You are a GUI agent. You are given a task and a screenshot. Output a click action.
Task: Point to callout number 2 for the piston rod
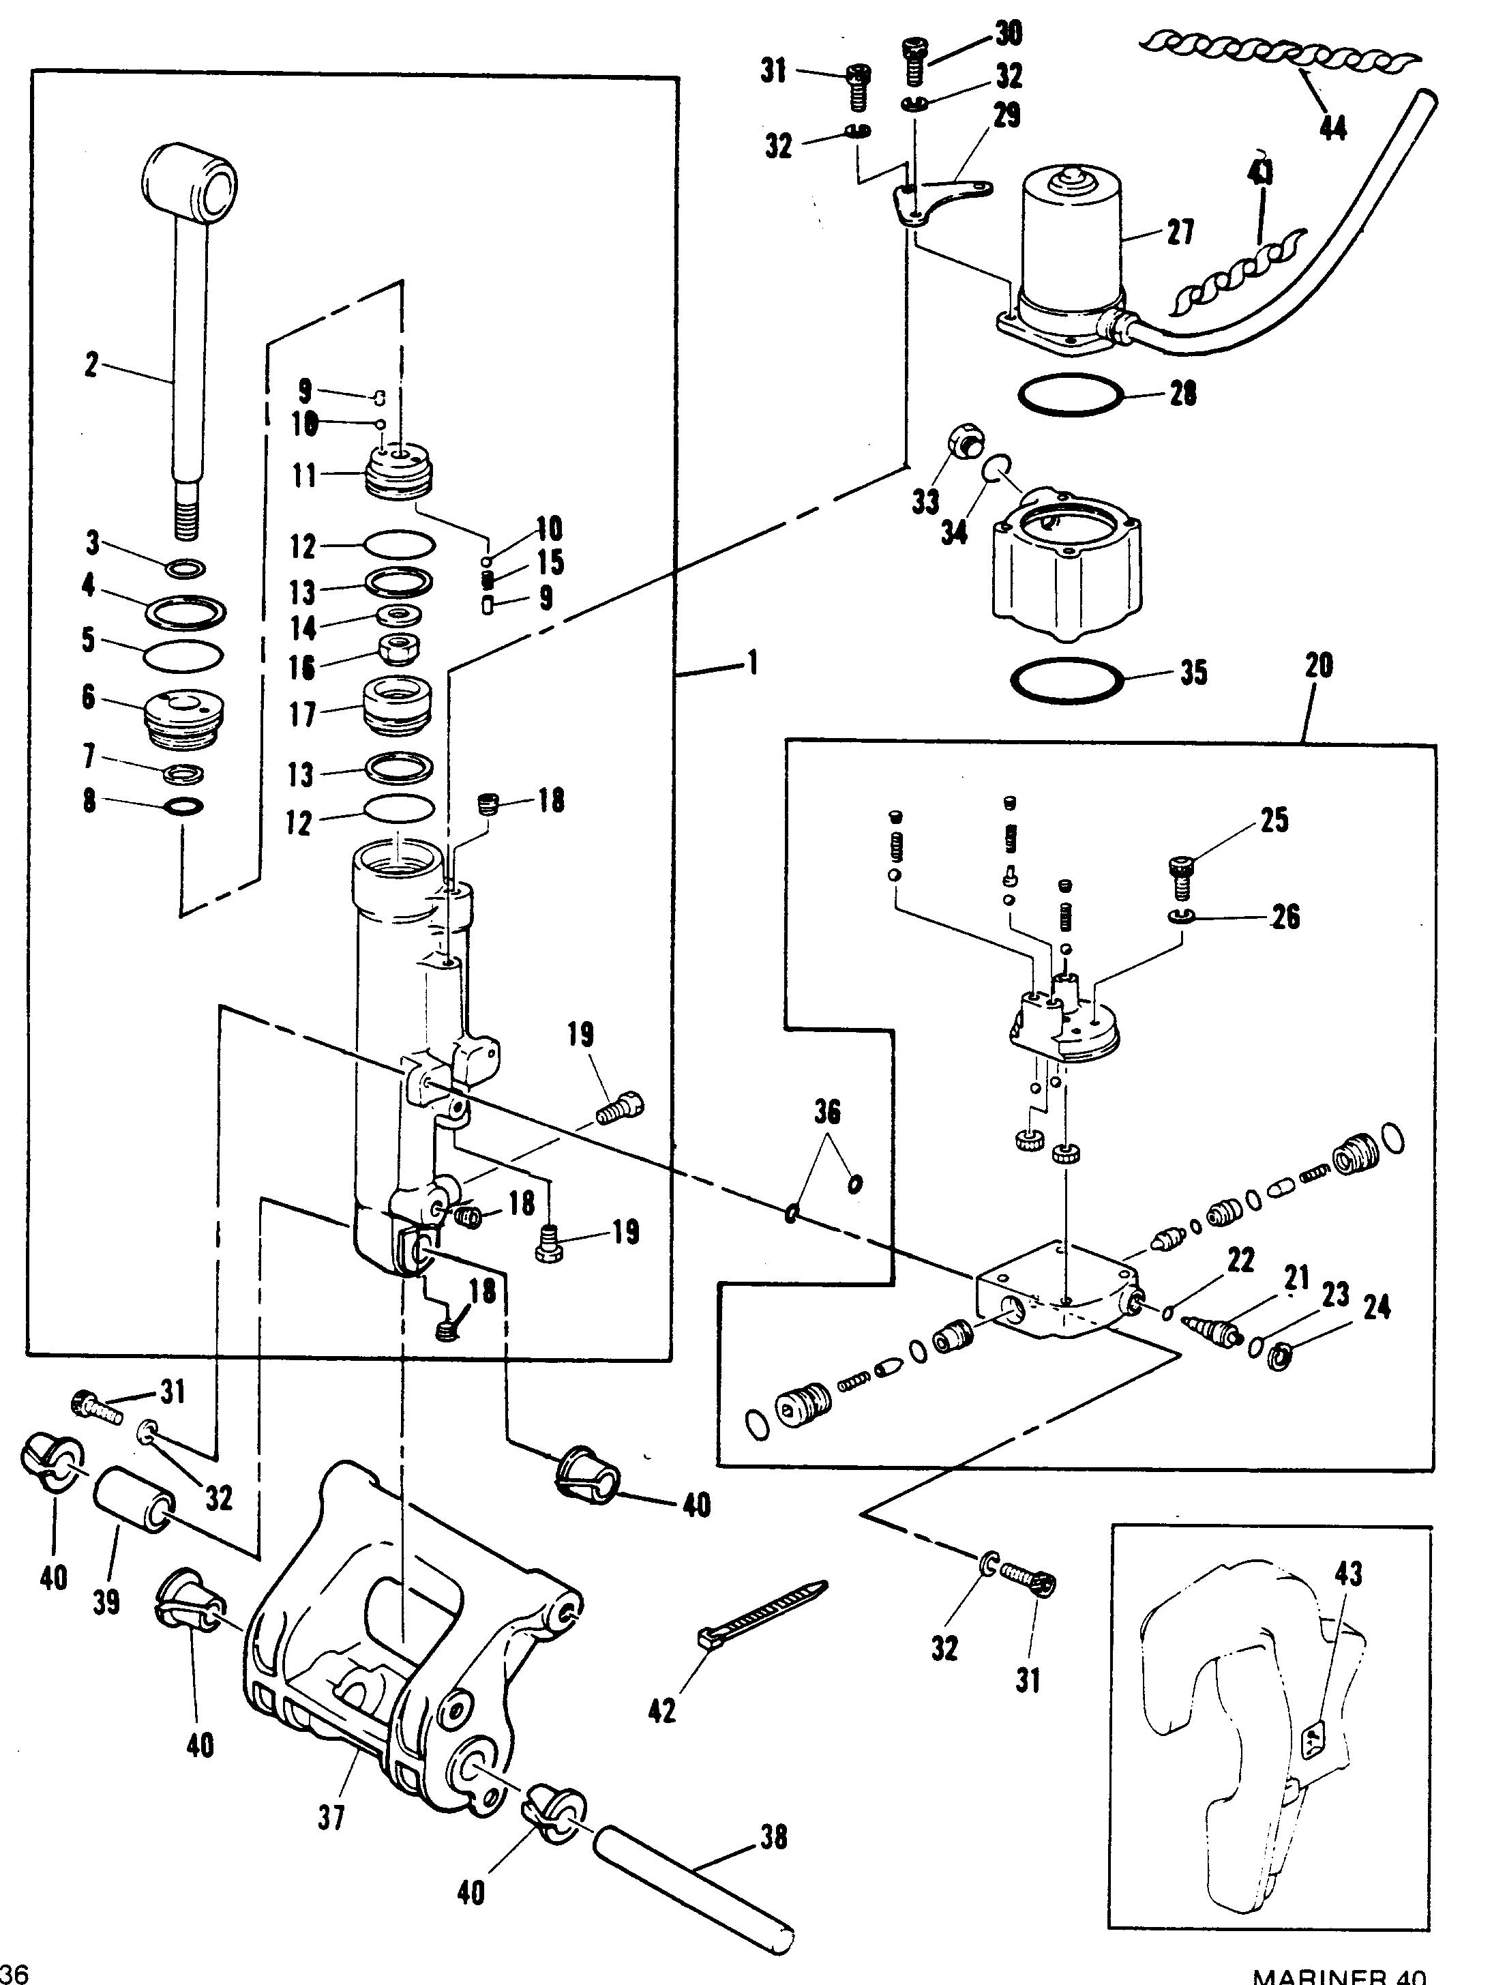[91, 365]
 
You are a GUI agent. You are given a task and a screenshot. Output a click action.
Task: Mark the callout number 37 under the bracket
[331, 1817]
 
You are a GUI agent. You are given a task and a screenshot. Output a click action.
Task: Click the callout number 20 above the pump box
[1318, 665]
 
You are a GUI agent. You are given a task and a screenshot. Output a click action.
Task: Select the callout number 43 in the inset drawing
[1348, 1572]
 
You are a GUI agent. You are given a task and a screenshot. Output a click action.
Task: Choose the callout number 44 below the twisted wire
[1332, 128]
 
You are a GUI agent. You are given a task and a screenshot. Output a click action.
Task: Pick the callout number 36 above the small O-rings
[827, 1112]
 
